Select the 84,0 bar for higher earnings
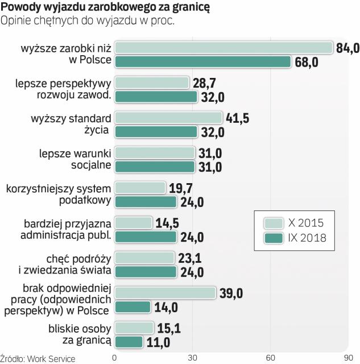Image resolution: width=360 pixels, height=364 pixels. pos(224,48)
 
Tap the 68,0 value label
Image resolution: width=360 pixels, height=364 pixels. pos(308,62)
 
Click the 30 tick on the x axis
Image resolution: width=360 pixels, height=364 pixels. pos(193,358)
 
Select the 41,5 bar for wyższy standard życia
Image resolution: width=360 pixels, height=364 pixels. pos(168,118)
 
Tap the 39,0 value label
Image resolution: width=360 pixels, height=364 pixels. pos(232,293)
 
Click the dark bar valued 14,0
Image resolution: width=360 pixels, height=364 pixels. pos(133,307)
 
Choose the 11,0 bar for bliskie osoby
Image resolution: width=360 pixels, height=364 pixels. pos(129,342)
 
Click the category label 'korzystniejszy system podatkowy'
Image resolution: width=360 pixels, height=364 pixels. pos(56,195)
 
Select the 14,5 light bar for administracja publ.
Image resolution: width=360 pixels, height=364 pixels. pos(134,222)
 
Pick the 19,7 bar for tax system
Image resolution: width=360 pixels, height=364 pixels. pos(140,188)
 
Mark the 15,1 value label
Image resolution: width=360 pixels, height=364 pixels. pos(169,328)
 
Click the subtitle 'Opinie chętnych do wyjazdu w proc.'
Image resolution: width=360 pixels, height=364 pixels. pos(88,21)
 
